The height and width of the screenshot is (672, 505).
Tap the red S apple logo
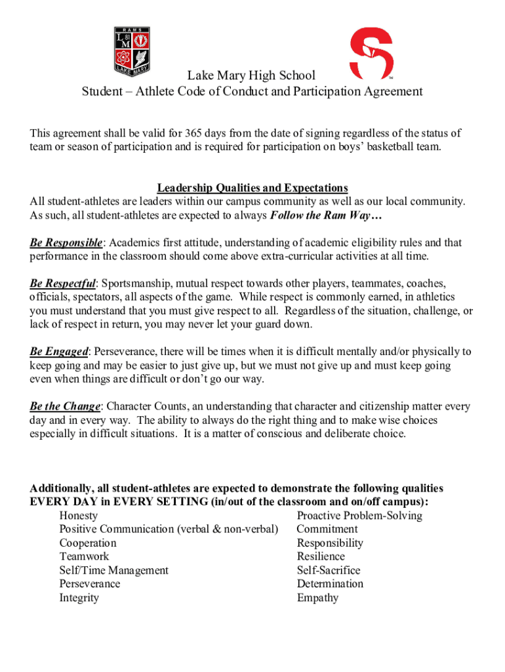(x=370, y=52)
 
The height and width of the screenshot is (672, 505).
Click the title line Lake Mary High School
(x=251, y=75)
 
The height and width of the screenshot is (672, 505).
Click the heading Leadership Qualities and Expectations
(x=252, y=188)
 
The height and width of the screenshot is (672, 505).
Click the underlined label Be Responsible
(x=66, y=243)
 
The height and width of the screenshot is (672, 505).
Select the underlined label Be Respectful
(x=63, y=283)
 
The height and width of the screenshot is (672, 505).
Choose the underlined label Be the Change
(x=65, y=406)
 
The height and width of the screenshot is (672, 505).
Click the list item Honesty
(x=78, y=516)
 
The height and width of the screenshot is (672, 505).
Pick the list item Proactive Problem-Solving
(x=359, y=516)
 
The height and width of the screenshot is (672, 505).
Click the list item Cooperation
(x=88, y=543)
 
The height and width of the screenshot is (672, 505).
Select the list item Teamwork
(x=84, y=556)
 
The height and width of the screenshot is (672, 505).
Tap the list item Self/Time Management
(x=113, y=570)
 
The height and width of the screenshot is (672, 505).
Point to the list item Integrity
(x=79, y=598)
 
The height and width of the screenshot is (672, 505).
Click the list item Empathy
(x=317, y=598)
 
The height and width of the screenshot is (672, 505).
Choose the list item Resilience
(x=321, y=556)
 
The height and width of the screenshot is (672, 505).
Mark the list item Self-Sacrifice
(x=328, y=570)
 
